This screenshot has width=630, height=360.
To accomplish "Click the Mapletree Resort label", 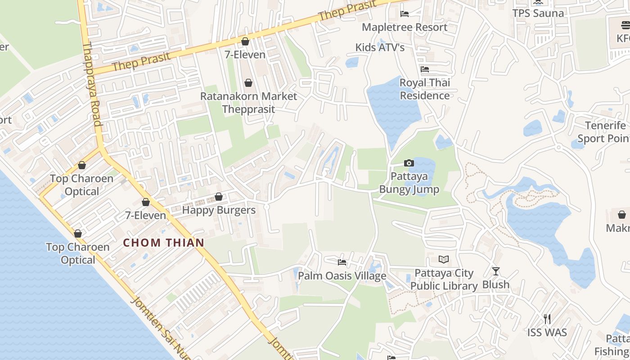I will [405, 27].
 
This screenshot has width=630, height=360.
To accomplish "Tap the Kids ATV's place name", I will [380, 47].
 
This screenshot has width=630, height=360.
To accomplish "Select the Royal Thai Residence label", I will [425, 89].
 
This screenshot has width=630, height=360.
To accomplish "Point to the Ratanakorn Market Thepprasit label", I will [248, 103].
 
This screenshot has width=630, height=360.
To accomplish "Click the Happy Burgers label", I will [219, 210].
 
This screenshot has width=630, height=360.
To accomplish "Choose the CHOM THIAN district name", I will [164, 243].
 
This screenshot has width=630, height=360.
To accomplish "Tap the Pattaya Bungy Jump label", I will [409, 183].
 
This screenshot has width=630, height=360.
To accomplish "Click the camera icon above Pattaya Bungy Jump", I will [409, 163].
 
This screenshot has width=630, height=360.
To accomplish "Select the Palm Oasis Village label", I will [342, 276].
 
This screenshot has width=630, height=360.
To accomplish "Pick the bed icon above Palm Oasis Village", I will [342, 262].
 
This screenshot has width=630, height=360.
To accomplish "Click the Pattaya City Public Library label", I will [444, 279].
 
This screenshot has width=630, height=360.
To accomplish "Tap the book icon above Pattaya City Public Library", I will [444, 259].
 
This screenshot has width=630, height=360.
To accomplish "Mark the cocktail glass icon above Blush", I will [495, 271].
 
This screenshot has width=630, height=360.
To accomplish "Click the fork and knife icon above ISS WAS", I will [547, 319].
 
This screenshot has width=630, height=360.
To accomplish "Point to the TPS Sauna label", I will [538, 13].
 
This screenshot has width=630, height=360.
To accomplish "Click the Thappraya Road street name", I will [92, 84].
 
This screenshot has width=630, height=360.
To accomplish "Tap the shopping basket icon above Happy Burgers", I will [219, 197].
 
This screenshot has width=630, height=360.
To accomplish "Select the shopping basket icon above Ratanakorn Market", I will [248, 83].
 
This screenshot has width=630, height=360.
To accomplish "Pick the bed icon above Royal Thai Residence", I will [425, 69].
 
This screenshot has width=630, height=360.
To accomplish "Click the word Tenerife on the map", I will [605, 126].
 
